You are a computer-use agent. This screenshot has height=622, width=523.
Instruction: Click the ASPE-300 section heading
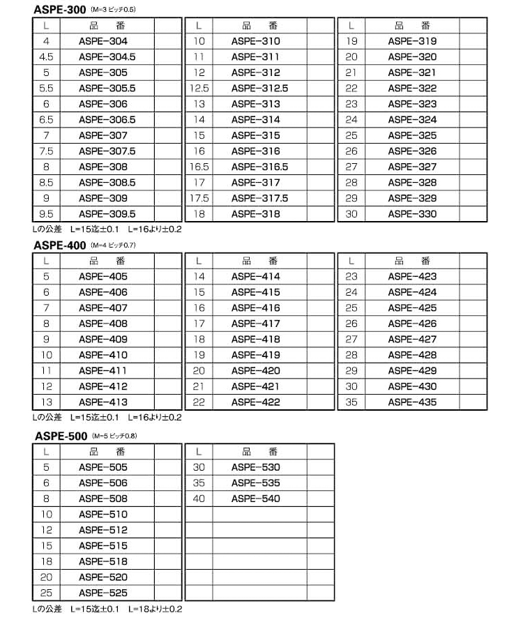(x=60, y=10)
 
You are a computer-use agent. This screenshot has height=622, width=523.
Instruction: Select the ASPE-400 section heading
(x=60, y=245)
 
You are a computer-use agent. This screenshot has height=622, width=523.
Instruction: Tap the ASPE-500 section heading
(x=60, y=437)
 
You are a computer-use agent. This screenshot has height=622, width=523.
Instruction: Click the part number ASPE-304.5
(x=107, y=57)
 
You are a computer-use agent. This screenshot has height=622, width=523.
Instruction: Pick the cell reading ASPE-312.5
(x=259, y=89)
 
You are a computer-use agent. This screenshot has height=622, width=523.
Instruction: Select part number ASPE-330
(x=412, y=214)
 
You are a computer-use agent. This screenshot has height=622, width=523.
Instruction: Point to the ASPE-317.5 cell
(x=259, y=198)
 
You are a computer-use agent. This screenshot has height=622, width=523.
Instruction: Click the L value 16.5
(x=199, y=167)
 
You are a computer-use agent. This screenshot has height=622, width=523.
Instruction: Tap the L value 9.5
(x=47, y=214)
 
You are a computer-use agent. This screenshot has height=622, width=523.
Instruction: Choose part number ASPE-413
(x=103, y=402)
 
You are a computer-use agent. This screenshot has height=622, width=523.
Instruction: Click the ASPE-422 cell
(x=256, y=402)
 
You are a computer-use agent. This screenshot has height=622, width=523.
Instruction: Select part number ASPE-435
(x=412, y=402)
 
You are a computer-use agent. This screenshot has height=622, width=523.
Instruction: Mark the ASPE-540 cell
(x=256, y=499)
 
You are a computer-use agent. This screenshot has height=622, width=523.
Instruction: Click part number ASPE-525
(x=103, y=593)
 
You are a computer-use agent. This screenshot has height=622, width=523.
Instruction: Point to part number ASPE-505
(x=103, y=467)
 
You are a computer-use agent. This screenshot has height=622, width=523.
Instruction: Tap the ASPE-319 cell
(x=412, y=42)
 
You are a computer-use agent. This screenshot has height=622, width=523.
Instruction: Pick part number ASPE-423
(x=412, y=277)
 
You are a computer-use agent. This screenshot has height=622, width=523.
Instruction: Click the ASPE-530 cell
(x=256, y=467)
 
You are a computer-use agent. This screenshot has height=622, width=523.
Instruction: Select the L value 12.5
(x=199, y=89)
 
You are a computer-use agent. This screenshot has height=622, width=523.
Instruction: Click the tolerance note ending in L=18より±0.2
(x=107, y=609)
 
